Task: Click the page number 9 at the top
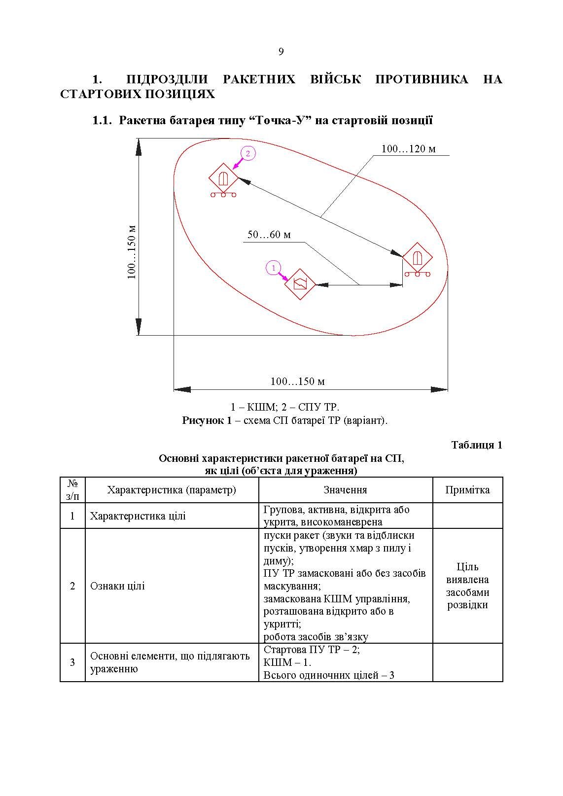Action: click(281, 52)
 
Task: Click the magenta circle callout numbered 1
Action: click(273, 268)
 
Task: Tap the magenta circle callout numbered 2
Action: click(248, 153)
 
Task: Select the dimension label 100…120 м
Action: click(409, 149)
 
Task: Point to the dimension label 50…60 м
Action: click(269, 235)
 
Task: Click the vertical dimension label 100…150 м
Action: click(132, 252)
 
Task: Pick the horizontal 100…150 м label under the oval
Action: click(297, 381)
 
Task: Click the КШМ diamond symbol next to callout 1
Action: click(300, 284)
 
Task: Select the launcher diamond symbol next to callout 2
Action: click(223, 178)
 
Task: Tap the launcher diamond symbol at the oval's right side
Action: click(418, 258)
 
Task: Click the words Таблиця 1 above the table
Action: click(477, 445)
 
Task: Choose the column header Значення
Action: click(345, 490)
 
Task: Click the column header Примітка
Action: click(467, 490)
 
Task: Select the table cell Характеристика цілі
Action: click(138, 516)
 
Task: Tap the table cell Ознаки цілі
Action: click(117, 586)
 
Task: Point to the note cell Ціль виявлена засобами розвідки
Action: click(467, 586)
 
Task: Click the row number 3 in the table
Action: click(72, 662)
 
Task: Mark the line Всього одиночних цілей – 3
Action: click(329, 675)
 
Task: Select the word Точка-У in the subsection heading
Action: click(279, 120)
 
